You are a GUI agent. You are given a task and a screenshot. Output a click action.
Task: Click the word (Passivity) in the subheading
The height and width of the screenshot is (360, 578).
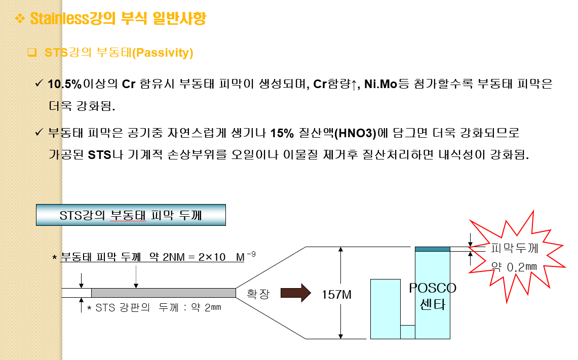point(163,53)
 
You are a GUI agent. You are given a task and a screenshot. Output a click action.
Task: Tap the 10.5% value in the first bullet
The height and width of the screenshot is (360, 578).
point(64,84)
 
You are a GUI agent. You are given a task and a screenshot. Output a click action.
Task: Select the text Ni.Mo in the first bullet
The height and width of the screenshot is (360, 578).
point(380,84)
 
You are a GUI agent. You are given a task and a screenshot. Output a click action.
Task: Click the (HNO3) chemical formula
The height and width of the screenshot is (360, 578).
point(357,134)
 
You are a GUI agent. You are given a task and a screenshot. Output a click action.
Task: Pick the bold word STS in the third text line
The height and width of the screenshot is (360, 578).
point(99,154)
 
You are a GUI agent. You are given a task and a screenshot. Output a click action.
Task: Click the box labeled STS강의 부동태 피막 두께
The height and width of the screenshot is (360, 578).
point(131,215)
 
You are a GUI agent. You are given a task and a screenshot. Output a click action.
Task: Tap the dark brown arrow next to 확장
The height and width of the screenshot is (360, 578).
point(295,293)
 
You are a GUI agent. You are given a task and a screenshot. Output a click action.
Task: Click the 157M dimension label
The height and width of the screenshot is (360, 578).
point(337,294)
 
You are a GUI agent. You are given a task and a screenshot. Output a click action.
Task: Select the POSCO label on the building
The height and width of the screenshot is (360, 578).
point(433,288)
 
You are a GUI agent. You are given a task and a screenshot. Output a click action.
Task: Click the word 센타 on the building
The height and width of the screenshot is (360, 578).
point(432,305)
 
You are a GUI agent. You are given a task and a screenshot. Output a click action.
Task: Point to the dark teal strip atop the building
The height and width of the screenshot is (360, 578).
point(432,249)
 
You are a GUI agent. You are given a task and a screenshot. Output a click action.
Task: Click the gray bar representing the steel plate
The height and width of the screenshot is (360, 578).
point(163,293)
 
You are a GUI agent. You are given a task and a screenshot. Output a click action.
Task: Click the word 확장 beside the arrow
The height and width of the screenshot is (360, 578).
point(258,294)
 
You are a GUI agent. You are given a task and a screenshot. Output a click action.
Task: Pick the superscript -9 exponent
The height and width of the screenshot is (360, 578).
point(251,255)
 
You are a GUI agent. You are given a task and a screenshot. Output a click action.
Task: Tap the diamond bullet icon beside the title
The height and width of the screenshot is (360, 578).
point(20,19)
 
